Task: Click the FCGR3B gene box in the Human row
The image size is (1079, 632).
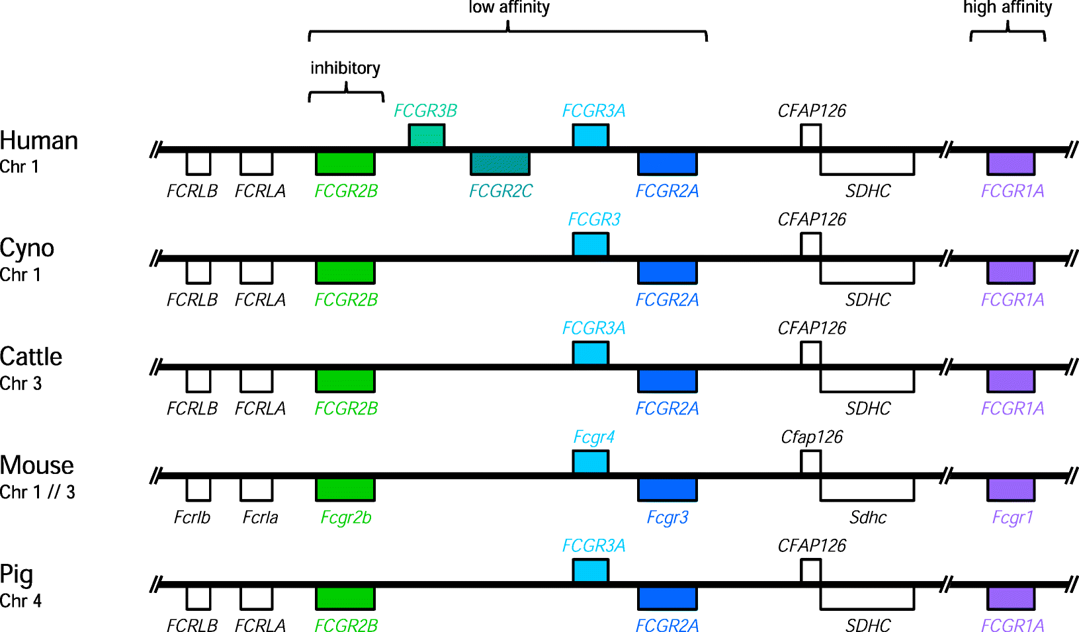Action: (x=426, y=136)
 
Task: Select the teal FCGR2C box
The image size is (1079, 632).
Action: (x=499, y=163)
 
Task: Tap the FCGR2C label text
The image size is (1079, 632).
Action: (x=500, y=191)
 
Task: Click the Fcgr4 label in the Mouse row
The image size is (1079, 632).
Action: (x=593, y=437)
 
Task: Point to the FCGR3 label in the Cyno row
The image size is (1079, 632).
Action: (x=594, y=219)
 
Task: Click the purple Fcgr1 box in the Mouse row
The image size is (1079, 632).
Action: (x=1010, y=490)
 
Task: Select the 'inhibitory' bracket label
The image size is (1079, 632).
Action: (x=345, y=68)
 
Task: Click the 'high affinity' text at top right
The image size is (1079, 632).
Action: (x=1007, y=8)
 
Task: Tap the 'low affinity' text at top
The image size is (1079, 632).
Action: (x=509, y=8)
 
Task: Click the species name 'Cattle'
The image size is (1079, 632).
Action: (x=31, y=357)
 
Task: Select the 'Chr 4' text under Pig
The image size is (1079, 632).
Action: (x=21, y=601)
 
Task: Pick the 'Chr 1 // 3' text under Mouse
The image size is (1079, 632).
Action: (x=37, y=493)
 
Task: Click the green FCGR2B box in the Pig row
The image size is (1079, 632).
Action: (x=345, y=598)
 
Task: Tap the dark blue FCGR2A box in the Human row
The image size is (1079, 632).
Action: (x=667, y=163)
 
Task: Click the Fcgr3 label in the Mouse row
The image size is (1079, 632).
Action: (x=667, y=518)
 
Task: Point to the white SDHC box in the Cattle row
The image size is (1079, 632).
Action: (x=867, y=381)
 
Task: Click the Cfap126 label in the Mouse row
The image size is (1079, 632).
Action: (x=812, y=437)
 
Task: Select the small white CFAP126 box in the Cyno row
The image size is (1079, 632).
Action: (x=810, y=245)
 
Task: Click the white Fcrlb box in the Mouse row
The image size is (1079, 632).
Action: (x=198, y=490)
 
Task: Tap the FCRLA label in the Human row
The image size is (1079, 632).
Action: (x=260, y=191)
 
